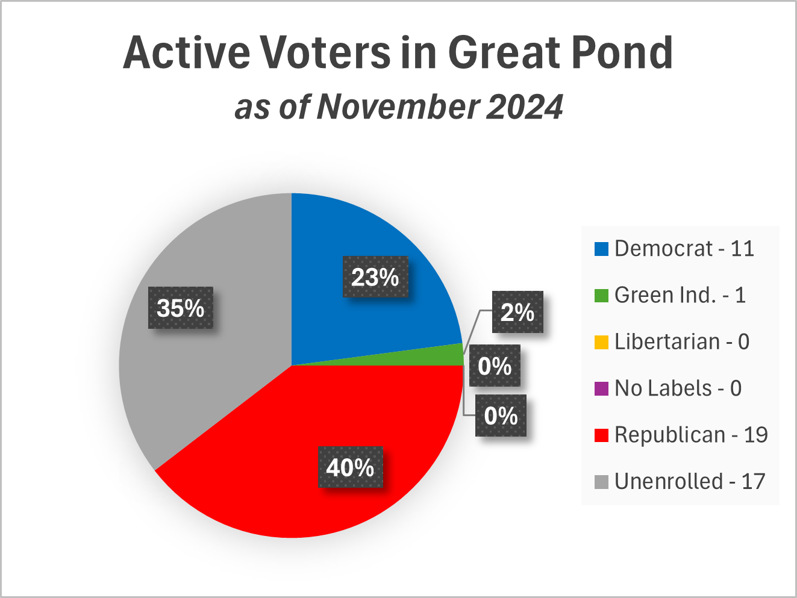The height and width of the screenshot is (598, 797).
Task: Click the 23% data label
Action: [375, 278]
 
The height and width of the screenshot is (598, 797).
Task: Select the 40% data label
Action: [350, 467]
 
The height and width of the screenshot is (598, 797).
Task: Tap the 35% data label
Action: [181, 308]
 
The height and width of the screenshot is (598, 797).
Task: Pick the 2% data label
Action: [517, 312]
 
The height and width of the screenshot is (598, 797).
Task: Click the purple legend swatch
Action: [601, 389]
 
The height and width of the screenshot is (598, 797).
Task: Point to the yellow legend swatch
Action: [601, 342]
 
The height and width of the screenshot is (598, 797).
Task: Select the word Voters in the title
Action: [325, 53]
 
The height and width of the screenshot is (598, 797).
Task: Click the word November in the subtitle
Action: [398, 107]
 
